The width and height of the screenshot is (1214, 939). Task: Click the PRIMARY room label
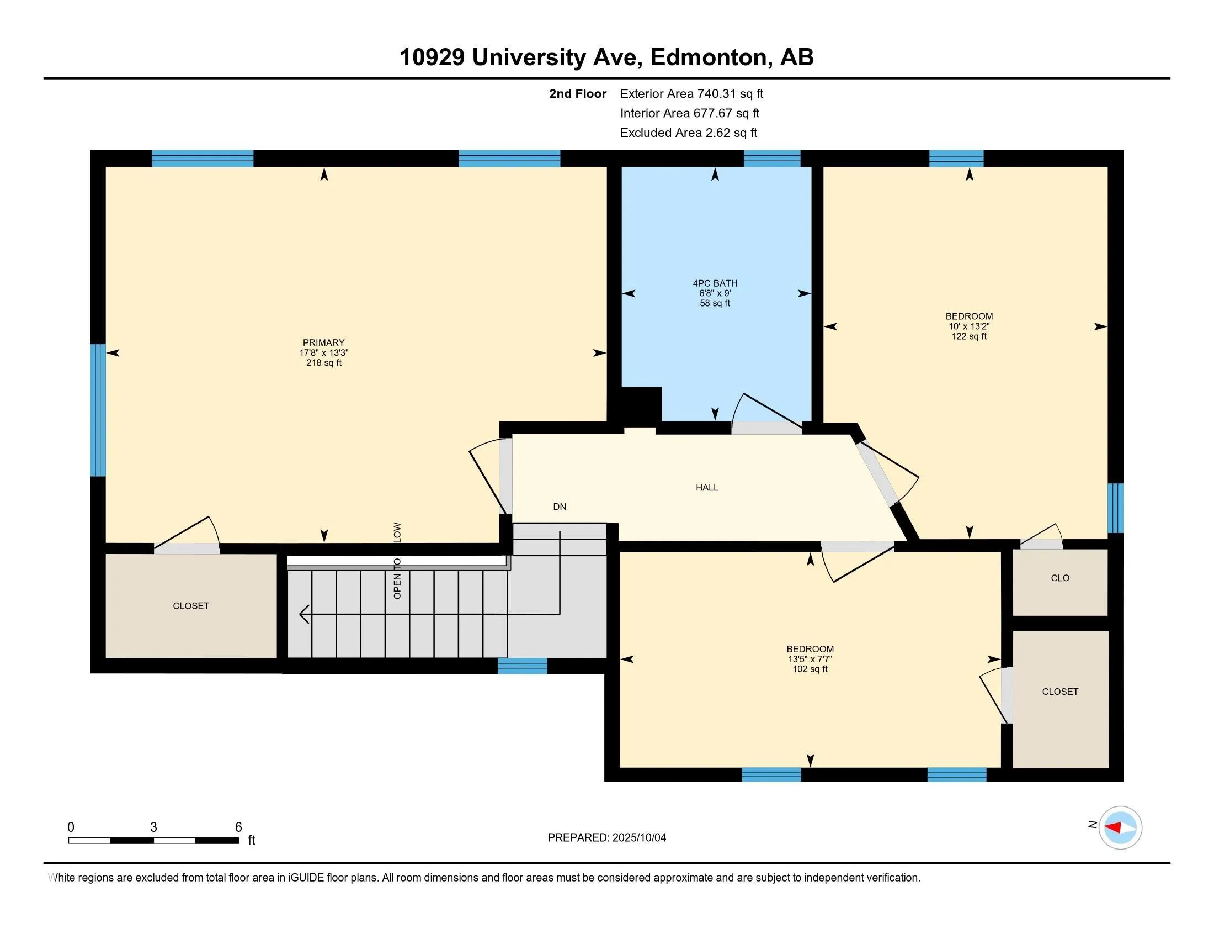[x=323, y=342]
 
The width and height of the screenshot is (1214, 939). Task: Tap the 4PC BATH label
[x=715, y=283]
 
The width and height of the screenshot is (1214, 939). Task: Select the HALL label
[x=707, y=487]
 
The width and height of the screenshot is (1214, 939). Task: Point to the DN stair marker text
[x=560, y=506]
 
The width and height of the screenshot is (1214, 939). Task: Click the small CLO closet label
[x=1060, y=578]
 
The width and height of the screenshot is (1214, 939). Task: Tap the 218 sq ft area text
[x=323, y=363]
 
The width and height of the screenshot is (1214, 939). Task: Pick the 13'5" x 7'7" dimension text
[x=810, y=659]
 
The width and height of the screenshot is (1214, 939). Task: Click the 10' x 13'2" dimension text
[x=969, y=326]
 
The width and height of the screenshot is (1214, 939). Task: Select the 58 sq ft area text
[x=715, y=303]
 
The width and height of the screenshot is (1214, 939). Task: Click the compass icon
[x=1120, y=827]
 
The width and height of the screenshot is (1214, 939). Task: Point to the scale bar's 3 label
[x=153, y=827]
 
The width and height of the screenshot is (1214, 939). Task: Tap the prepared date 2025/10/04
[x=638, y=838]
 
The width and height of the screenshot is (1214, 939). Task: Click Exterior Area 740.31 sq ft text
[x=691, y=93]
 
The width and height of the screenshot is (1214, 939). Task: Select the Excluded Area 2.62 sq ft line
[x=689, y=133]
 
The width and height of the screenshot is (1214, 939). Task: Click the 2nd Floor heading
[x=578, y=93]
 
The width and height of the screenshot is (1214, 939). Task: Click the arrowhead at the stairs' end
[x=304, y=614]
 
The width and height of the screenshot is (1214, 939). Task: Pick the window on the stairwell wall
[x=523, y=666]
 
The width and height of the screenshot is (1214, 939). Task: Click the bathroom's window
[x=772, y=159]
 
